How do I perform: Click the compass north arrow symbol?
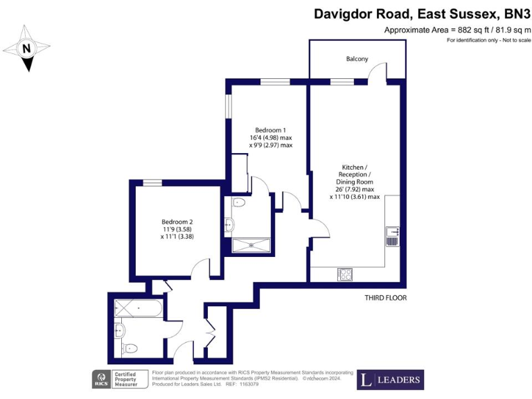click(x=27, y=48)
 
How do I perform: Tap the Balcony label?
click(x=357, y=59)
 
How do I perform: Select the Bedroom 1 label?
click(x=270, y=131)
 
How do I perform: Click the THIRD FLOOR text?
click(x=385, y=298)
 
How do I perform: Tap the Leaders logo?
click(x=390, y=380)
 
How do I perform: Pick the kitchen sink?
click(x=392, y=237)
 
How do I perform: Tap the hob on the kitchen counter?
click(x=345, y=274)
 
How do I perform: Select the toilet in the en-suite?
click(x=238, y=204)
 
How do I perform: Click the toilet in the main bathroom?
click(x=129, y=348)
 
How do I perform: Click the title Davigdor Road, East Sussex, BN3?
click(x=422, y=13)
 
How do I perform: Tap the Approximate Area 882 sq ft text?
click(x=457, y=30)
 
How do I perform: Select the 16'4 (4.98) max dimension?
click(x=271, y=138)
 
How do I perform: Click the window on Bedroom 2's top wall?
click(x=152, y=183)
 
